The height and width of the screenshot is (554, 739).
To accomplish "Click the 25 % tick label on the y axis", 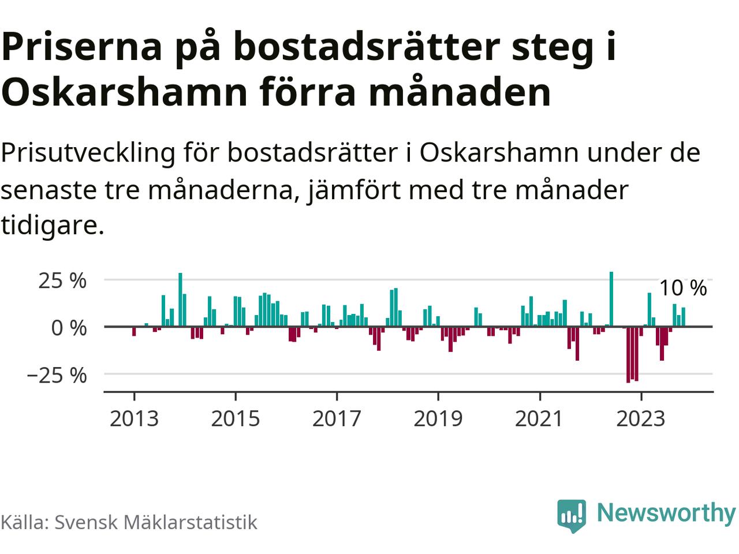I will coord(62,281).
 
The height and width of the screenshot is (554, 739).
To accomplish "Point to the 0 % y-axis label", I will coord(68,328).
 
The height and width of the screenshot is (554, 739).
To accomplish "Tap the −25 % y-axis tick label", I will coord(56,375).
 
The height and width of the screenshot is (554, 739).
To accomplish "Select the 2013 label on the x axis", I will coord(134,418).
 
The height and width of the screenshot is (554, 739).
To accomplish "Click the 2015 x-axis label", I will coord(235,418).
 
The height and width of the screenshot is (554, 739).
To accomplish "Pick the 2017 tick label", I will coord(337,418).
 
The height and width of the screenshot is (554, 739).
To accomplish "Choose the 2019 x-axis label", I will coord(438,418).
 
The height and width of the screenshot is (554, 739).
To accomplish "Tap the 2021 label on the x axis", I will coord(539,418).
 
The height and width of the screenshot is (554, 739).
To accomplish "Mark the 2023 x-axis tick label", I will coord(640,418).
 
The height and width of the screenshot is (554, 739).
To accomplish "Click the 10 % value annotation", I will coord(682,287).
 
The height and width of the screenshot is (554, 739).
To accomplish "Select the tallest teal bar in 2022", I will coord(611,299).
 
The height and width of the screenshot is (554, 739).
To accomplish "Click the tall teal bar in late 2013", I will coord(180,300).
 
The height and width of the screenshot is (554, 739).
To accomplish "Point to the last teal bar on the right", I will coord(683,317).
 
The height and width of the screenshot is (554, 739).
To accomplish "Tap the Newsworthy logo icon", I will coord(572,515).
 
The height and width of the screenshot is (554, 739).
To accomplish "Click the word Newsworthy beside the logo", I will coord(666,512).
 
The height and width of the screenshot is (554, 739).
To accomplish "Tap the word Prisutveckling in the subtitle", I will coord(88,154).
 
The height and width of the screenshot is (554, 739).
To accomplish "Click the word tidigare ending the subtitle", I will coord(52,226).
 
